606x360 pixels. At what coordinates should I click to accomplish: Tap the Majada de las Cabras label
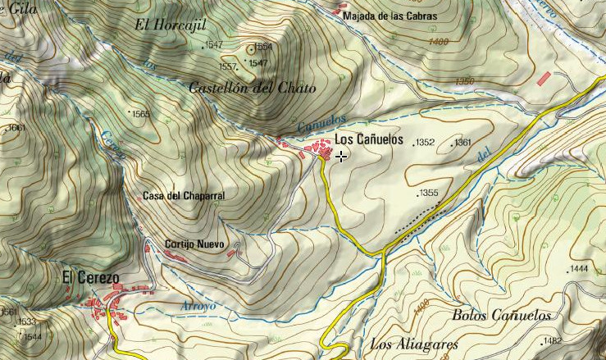coord(391,16)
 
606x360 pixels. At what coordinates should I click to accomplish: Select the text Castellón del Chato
coord(252,88)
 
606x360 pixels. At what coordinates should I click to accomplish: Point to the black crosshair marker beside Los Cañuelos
coord(340,156)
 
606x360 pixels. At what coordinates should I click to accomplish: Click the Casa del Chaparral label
coord(183,196)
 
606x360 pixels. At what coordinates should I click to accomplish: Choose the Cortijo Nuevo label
coord(194,244)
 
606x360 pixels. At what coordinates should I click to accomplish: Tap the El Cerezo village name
coord(91,279)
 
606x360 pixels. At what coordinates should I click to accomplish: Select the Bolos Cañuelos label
coord(502,315)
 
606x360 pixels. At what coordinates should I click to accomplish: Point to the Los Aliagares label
coord(413,344)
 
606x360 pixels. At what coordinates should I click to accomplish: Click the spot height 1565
coord(141,114)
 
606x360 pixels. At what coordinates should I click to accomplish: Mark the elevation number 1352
coord(425,143)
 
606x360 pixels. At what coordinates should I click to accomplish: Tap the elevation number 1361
coord(463,143)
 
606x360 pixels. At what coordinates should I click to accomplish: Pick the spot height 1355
coord(429,194)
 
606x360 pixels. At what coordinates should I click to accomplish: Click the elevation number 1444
coord(579,269)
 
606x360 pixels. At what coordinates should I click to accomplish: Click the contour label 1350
coord(464,80)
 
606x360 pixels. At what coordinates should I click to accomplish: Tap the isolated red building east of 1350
coord(544,78)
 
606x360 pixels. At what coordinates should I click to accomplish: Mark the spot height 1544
coord(33,337)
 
